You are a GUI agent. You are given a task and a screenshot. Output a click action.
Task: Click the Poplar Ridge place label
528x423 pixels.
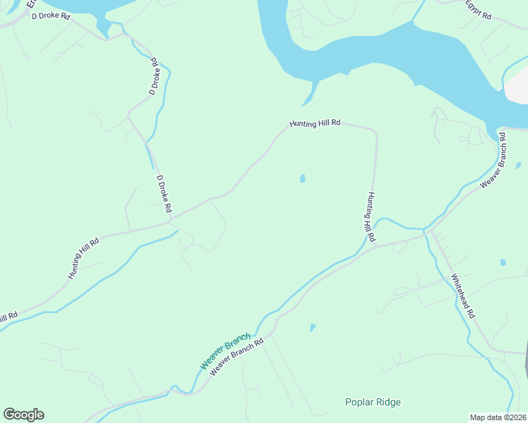373,403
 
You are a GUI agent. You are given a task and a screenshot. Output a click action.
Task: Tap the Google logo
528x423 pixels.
23,415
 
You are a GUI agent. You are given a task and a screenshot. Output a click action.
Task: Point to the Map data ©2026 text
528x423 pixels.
498,417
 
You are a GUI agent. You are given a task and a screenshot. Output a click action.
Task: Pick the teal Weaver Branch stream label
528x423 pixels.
225,354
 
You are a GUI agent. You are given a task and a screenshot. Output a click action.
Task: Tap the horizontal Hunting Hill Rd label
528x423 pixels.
315,123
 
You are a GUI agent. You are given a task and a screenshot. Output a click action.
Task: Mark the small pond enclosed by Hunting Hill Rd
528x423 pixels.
303,179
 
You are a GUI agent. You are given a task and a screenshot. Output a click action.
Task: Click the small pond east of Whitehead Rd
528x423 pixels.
503,262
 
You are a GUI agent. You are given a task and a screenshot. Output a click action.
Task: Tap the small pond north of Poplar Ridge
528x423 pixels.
312,327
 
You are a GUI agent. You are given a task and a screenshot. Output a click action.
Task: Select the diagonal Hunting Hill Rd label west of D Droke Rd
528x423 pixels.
83,258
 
